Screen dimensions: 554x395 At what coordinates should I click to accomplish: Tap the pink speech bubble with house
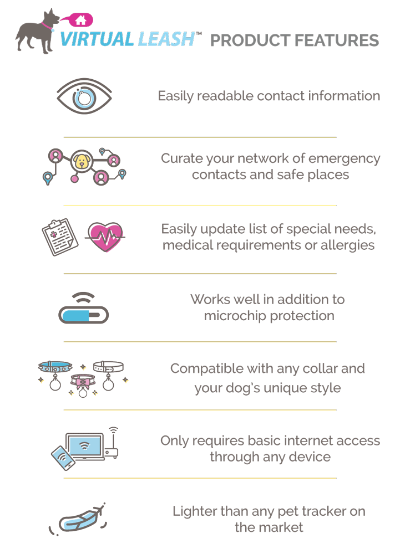[x=78, y=21]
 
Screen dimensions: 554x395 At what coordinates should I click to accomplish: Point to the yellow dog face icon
[x=82, y=162]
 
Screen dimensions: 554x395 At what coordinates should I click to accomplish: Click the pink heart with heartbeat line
[x=105, y=237]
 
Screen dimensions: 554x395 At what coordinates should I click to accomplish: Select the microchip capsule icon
[x=83, y=315]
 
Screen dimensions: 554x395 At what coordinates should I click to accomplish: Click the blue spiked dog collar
[x=55, y=367]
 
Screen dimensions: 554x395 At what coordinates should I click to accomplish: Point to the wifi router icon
[x=113, y=446]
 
